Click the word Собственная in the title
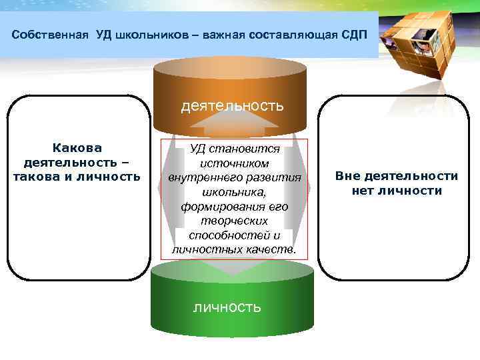pos(50,34)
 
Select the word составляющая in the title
pos(297,34)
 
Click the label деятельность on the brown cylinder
pos(232,105)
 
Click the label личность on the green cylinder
pos(227,307)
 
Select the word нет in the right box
pos(365,191)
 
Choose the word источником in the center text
pos(234,163)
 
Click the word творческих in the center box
pos(234,221)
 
